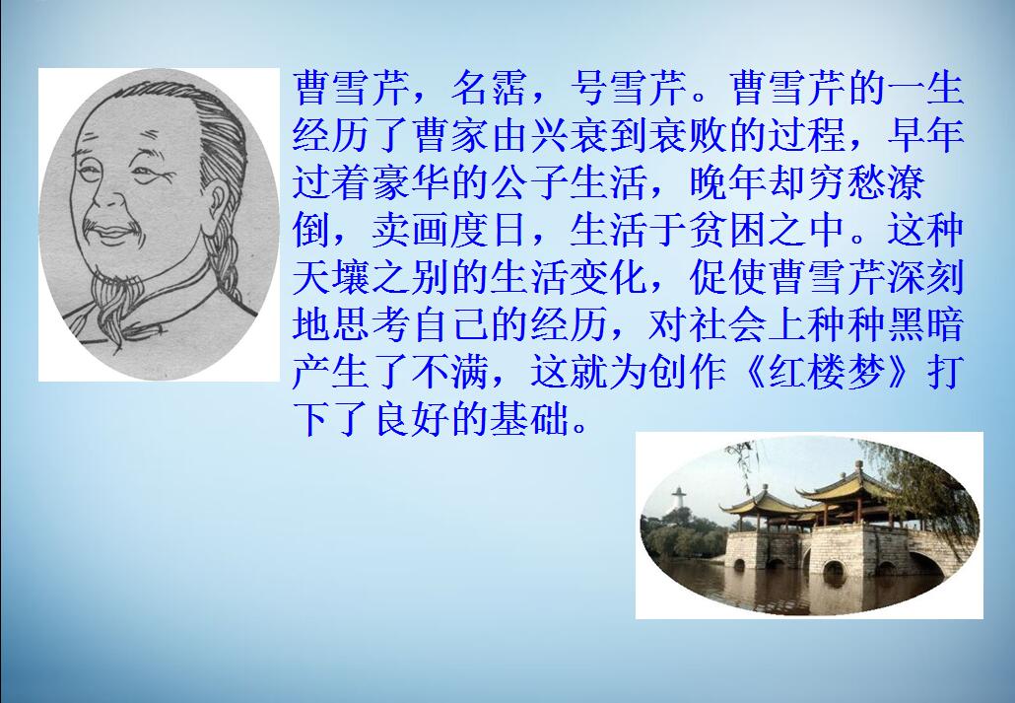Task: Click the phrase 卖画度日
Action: pos(450,230)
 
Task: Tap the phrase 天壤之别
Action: pos(371,277)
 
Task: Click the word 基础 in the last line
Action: pos(529,419)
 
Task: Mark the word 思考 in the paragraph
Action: pos(371,324)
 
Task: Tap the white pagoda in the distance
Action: pos(678,499)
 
